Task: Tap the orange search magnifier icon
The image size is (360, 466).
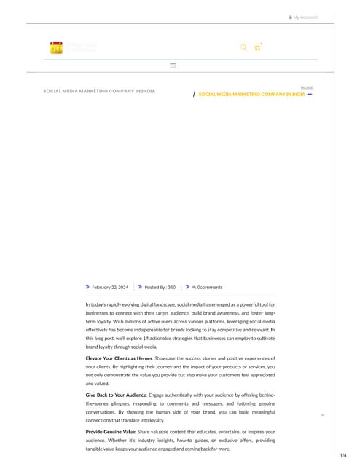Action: (243, 47)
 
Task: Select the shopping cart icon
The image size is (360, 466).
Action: (257, 48)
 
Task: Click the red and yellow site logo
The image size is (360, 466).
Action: (57, 48)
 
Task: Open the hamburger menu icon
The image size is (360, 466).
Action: (173, 66)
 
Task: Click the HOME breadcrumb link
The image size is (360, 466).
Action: (307, 87)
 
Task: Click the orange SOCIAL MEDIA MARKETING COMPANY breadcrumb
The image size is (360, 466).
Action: (251, 95)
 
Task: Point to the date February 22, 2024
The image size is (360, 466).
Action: (110, 288)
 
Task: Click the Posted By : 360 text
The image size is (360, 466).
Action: (160, 288)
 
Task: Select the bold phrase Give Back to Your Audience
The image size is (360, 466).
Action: (116, 394)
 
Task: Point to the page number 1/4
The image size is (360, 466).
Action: (343, 455)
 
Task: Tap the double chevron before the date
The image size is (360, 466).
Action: (88, 288)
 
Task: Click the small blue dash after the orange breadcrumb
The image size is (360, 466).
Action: (310, 95)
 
